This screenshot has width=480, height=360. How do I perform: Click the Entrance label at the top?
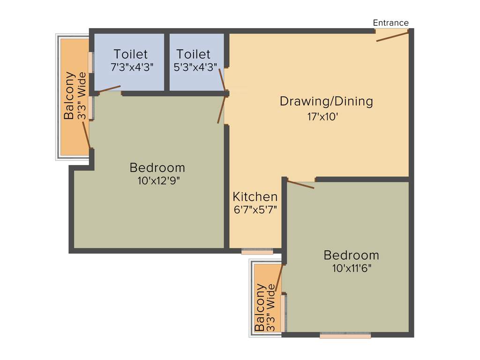(390, 22)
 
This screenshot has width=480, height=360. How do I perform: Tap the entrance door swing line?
(392, 36)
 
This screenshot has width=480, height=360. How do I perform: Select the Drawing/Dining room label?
(326, 101)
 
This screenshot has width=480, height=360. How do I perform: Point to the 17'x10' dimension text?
(322, 117)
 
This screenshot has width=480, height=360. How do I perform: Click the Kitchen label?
(255, 196)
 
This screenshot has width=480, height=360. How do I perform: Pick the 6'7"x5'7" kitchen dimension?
(255, 210)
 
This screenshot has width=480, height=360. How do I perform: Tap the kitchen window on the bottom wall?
(257, 252)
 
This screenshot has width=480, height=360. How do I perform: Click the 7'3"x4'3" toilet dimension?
(130, 67)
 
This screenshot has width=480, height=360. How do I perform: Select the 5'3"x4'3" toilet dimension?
(195, 67)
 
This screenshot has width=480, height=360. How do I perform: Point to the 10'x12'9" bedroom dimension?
(157, 180)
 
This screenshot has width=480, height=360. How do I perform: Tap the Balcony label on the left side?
(69, 96)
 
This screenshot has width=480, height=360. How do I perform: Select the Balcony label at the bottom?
(259, 307)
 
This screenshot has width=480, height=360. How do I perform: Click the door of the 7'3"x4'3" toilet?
(109, 89)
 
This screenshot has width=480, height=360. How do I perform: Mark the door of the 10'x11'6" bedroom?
(300, 184)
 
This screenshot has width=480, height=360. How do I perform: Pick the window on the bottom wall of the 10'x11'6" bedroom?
(345, 335)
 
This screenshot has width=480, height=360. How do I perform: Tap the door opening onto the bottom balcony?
(279, 279)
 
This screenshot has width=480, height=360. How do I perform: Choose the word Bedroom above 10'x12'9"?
(157, 167)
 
